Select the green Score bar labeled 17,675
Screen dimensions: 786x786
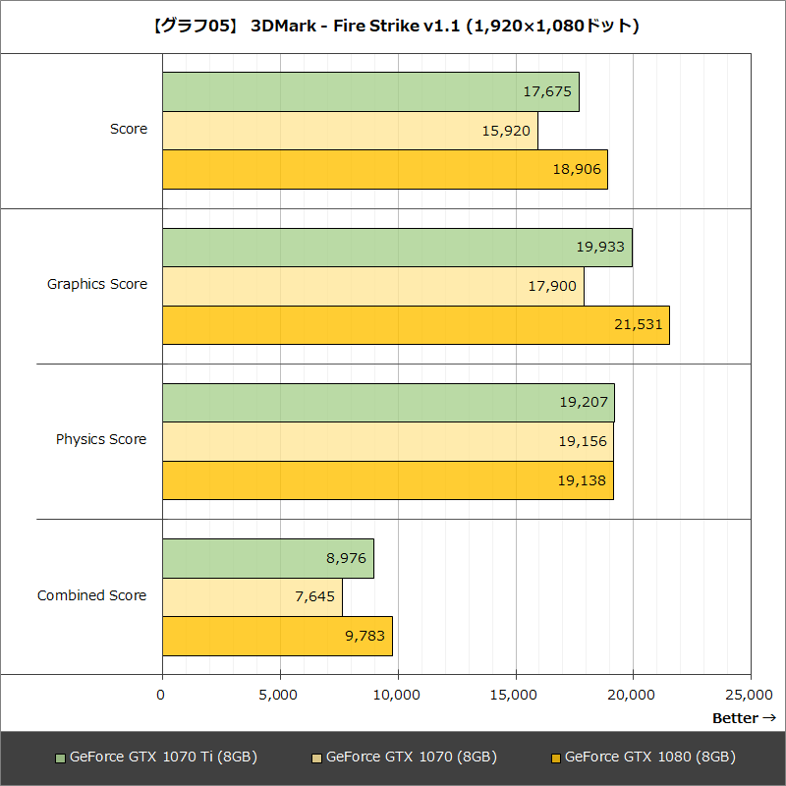[x=370, y=91]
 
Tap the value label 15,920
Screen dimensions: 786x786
[x=507, y=131]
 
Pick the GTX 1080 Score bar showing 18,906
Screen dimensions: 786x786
[x=384, y=169]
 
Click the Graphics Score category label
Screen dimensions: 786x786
[x=97, y=284]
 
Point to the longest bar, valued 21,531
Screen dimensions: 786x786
[x=415, y=324]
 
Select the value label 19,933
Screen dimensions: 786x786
[x=600, y=247]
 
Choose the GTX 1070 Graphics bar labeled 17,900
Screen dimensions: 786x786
[x=372, y=286]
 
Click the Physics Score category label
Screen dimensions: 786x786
[x=101, y=439]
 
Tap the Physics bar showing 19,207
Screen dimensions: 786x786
[x=387, y=402]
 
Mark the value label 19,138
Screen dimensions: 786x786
[x=583, y=480]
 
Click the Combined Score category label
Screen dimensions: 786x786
[x=92, y=595]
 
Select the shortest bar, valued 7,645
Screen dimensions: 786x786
[x=252, y=596]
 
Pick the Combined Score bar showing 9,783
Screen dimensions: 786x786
[x=277, y=636]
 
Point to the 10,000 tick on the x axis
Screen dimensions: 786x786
[x=397, y=695]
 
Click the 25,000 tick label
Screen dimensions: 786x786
[x=751, y=695]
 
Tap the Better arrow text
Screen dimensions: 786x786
[x=744, y=718]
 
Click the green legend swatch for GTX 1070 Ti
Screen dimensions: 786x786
[x=61, y=758]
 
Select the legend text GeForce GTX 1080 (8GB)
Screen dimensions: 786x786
[x=649, y=757]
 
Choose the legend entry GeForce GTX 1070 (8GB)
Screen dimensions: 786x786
[x=411, y=757]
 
